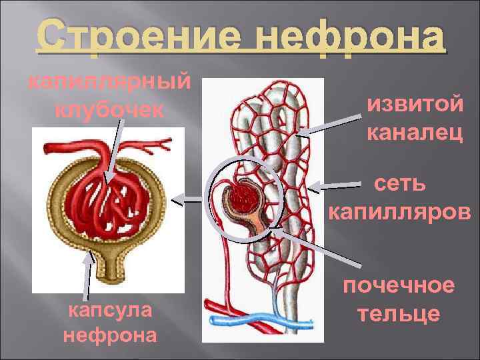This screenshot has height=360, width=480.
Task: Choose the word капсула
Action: pyautogui.click(x=110, y=310)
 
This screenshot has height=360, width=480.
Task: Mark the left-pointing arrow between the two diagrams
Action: pyautogui.click(x=191, y=199)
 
